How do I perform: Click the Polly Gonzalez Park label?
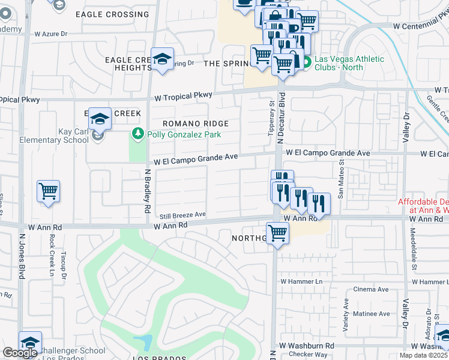pyautogui.click(x=184, y=134)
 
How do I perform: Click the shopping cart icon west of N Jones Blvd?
pyautogui.click(x=48, y=191)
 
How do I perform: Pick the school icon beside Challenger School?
pyautogui.click(x=30, y=343)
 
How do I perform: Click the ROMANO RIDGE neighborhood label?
pyautogui.click(x=196, y=124)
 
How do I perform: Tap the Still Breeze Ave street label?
pyautogui.click(x=182, y=215)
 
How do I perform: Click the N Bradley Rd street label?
pyautogui.click(x=147, y=190)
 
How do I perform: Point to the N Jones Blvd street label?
pyautogui.click(x=22, y=256)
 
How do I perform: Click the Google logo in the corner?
pyautogui.click(x=20, y=353)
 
